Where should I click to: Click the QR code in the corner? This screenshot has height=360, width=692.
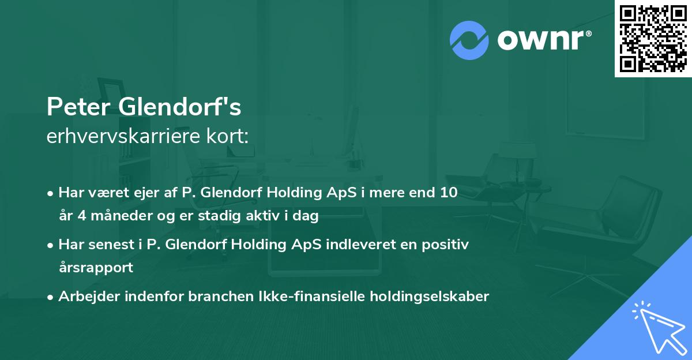click(653, 38)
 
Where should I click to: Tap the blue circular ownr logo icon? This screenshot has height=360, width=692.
click(469, 39)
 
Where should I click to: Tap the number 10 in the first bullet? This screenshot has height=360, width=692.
click(447, 193)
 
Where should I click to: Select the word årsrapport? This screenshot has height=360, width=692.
click(96, 268)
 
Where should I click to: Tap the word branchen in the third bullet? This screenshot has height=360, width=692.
click(203, 297)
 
